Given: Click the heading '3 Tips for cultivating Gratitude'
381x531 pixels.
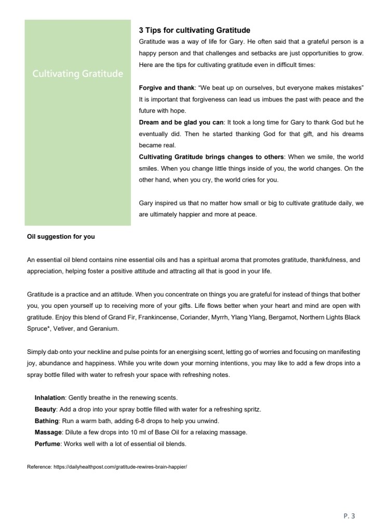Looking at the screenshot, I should tap(195, 31).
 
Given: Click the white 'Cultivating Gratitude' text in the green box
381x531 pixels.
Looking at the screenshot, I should tap(78, 74).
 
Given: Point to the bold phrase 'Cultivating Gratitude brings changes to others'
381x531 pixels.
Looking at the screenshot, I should tap(211, 157).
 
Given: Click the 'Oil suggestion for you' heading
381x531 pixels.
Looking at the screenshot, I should tap(61, 237).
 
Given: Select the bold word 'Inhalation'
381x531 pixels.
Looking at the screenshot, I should tap(50, 398).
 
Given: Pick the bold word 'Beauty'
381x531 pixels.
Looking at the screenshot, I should tap(45, 409).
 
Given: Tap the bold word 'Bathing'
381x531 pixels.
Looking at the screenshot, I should tap(46, 420).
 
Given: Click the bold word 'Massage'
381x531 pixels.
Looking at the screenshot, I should tap(48, 432).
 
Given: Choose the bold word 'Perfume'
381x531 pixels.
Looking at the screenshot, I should tap(47, 443).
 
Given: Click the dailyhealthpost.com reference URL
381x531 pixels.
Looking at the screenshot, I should tap(120, 467).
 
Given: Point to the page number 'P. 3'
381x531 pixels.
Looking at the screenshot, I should tap(349, 515).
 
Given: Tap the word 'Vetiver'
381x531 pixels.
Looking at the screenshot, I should tap(61, 329).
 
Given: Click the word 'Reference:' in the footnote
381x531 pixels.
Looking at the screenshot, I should tap(39, 467).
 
